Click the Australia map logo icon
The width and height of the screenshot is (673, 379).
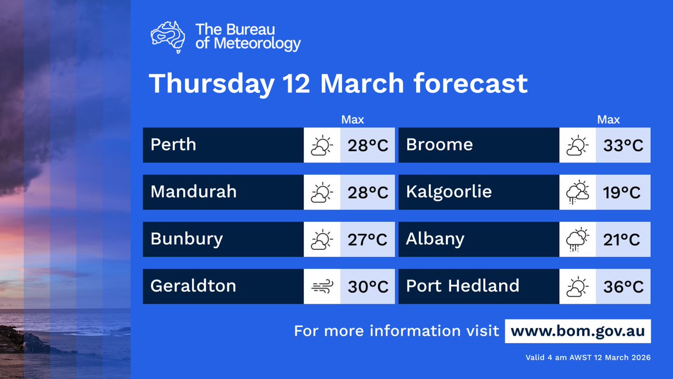click(x=168, y=37)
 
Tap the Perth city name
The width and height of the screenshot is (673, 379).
click(x=173, y=145)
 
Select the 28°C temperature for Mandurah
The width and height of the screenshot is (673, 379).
click(x=367, y=193)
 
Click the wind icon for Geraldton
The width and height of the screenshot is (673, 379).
click(x=322, y=287)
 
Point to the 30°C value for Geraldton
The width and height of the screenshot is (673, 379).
click(x=367, y=287)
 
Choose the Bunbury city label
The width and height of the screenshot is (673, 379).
click(x=186, y=239)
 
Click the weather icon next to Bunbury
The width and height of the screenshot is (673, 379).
click(x=322, y=240)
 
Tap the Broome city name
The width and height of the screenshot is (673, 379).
click(x=439, y=145)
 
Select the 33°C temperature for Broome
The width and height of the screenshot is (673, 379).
click(x=623, y=145)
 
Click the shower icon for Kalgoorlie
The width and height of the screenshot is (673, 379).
click(x=578, y=193)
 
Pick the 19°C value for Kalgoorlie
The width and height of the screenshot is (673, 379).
click(x=622, y=193)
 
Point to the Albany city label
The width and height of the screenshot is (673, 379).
click(x=435, y=239)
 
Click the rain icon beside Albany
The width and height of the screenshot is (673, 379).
click(x=578, y=240)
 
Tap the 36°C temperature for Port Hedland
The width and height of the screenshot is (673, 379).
click(x=623, y=287)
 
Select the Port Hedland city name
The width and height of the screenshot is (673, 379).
click(x=462, y=286)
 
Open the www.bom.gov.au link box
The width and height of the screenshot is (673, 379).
click(x=578, y=331)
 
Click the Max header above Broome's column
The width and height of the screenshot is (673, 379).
click(x=609, y=120)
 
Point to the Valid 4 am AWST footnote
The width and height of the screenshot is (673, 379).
click(x=588, y=357)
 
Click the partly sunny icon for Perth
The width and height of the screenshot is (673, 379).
click(x=322, y=145)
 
